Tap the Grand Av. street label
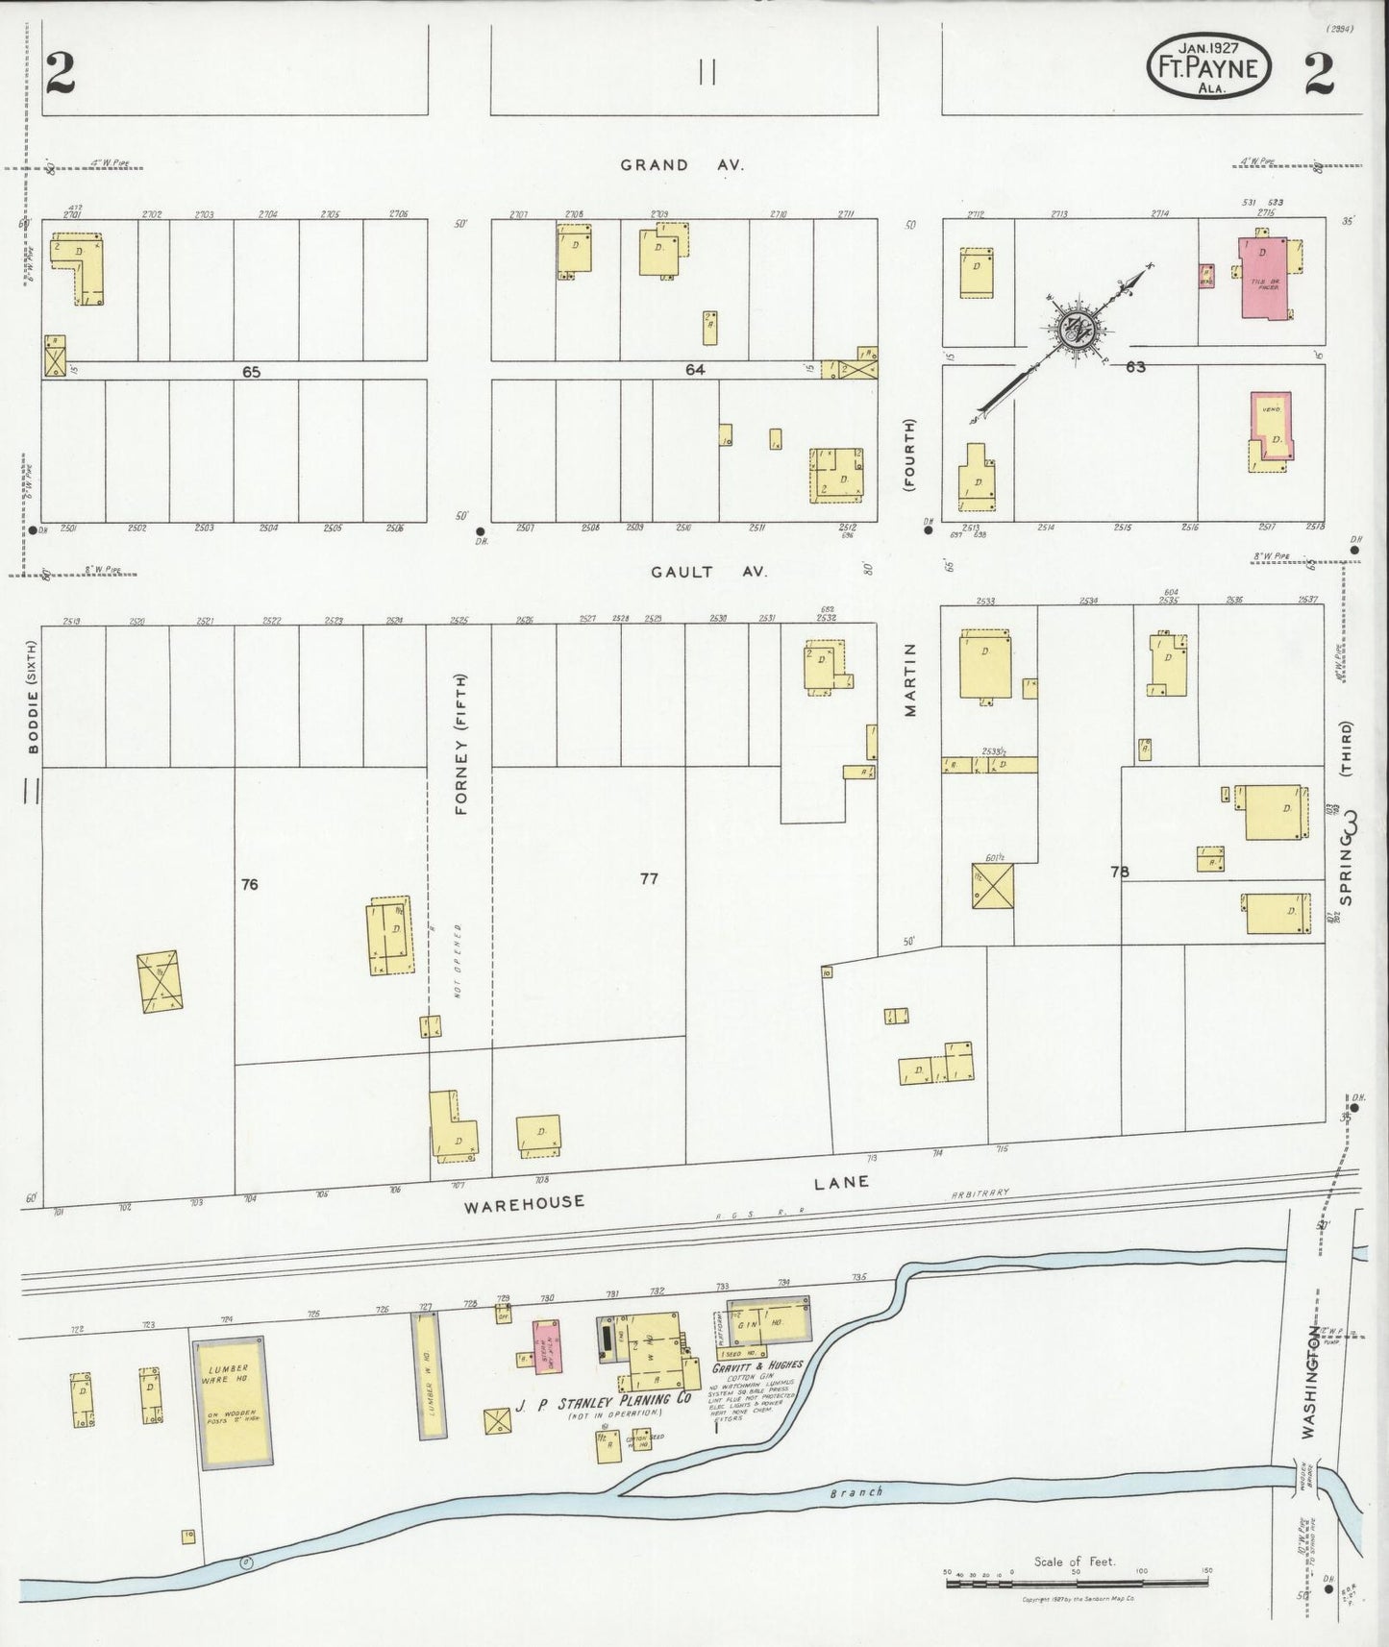(x=682, y=165)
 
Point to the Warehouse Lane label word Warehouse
(x=525, y=1203)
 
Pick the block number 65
(x=251, y=371)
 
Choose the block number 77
(x=649, y=878)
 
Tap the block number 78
(x=1119, y=873)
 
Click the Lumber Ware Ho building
(x=232, y=1402)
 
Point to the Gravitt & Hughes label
(x=757, y=1365)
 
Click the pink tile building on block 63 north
(x=1264, y=278)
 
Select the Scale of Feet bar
(x=1079, y=1581)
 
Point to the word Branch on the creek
(x=856, y=1493)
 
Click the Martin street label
(x=909, y=680)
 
